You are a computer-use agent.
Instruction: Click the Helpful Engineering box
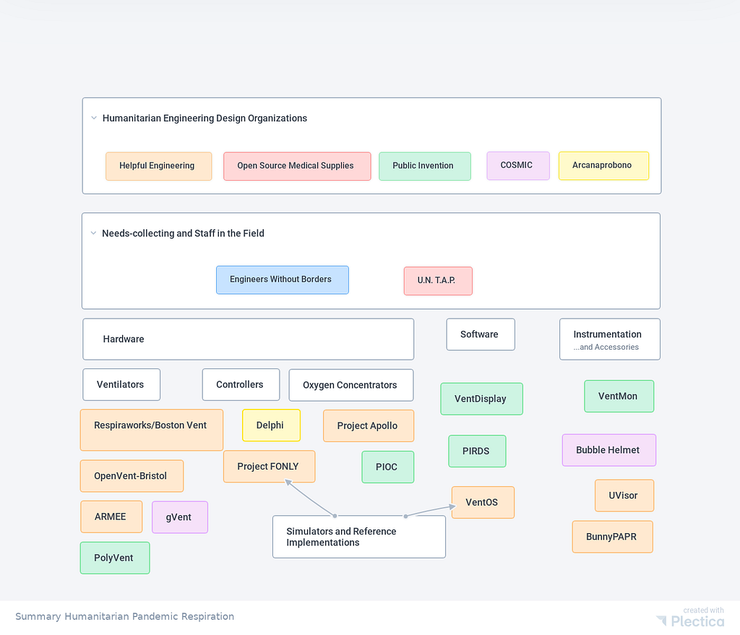point(158,166)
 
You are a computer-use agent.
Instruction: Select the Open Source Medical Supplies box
point(297,166)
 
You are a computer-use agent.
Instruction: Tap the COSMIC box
point(518,165)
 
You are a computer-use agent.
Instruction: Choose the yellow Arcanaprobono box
point(603,165)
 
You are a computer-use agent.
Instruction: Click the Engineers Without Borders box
point(283,280)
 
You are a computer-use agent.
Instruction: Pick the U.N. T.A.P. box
point(438,281)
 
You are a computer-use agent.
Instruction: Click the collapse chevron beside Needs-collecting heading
point(93,233)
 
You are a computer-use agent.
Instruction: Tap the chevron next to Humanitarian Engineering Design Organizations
point(94,118)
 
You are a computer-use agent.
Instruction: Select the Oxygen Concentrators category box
point(351,385)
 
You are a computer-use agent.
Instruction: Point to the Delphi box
point(272,425)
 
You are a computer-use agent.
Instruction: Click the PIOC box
point(388,467)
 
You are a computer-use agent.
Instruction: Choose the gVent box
point(180,517)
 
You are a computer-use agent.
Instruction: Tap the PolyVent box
point(115,558)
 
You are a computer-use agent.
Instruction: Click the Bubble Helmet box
point(608,450)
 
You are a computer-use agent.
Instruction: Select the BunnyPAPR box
point(613,537)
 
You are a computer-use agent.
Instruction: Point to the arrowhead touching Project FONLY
point(288,482)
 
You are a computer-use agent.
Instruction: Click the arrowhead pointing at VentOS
point(452,506)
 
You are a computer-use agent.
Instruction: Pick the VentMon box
point(619,397)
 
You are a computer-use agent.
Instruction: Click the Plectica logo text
point(697,621)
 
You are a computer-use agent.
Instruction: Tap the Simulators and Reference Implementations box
point(359,537)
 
